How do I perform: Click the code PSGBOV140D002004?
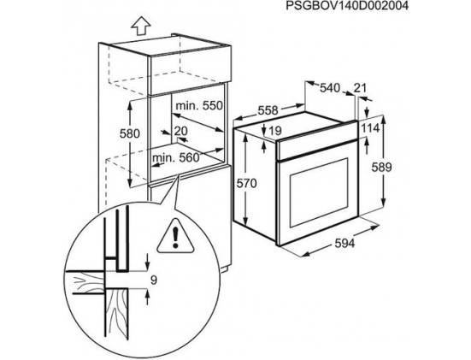click(x=347, y=6)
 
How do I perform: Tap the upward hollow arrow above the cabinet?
click(x=141, y=27)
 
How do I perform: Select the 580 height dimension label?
click(x=130, y=133)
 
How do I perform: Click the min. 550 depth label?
click(x=199, y=106)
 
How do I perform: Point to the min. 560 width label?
click(x=176, y=157)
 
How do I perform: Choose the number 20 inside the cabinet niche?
click(x=181, y=131)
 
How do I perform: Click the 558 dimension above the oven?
click(x=268, y=110)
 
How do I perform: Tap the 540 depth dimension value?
click(x=329, y=88)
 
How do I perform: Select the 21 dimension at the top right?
click(x=360, y=88)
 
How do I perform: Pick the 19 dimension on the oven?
click(x=275, y=131)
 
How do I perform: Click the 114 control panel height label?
click(x=370, y=128)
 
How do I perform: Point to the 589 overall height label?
click(x=381, y=167)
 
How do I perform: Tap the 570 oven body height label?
click(x=247, y=183)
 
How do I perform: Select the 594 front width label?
click(x=344, y=244)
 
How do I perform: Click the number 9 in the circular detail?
click(x=154, y=280)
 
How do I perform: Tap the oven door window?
click(x=319, y=192)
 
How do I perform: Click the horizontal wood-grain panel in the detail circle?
click(x=85, y=282)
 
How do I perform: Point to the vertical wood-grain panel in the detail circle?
click(x=117, y=312)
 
